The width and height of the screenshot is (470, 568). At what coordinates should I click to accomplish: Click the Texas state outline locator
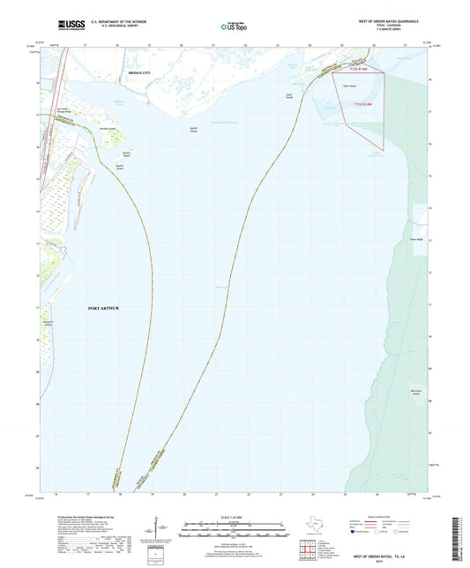[316, 527]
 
